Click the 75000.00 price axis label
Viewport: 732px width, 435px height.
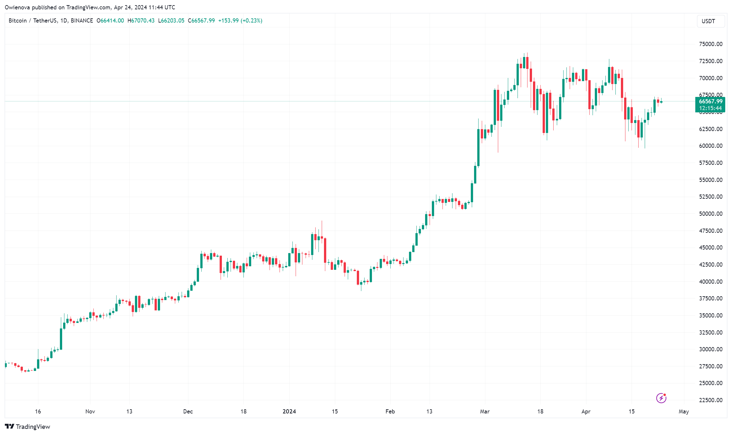[710, 44]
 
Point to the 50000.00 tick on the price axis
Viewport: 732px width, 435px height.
[710, 214]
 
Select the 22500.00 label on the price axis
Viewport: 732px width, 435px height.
[710, 400]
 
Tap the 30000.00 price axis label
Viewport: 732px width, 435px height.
[710, 349]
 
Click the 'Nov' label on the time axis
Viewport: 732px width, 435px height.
[90, 411]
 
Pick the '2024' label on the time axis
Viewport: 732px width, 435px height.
[289, 411]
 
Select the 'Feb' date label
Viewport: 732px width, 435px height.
[390, 411]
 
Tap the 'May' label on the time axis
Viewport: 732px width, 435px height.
[684, 411]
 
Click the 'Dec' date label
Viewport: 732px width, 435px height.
[188, 411]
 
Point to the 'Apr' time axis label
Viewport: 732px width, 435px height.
[586, 411]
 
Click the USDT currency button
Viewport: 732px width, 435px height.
[708, 21]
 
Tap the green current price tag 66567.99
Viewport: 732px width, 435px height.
[710, 101]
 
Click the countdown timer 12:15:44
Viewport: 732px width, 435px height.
[710, 108]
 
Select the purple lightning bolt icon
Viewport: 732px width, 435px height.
[661, 398]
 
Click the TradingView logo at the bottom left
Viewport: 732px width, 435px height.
[28, 427]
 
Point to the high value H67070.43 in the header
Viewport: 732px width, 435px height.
[141, 21]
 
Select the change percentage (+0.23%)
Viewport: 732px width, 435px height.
[252, 21]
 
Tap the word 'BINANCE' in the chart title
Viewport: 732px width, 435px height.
[82, 21]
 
